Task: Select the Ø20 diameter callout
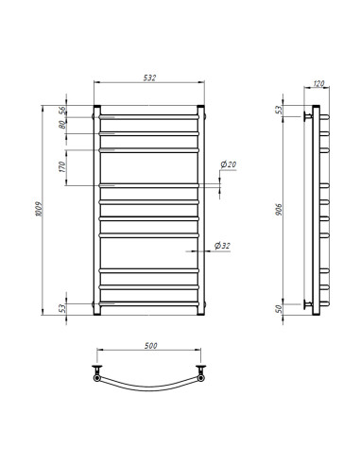pyautogui.click(x=228, y=165)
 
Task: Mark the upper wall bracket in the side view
pyautogui.click(x=306, y=116)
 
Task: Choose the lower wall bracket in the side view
pyautogui.click(x=306, y=302)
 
